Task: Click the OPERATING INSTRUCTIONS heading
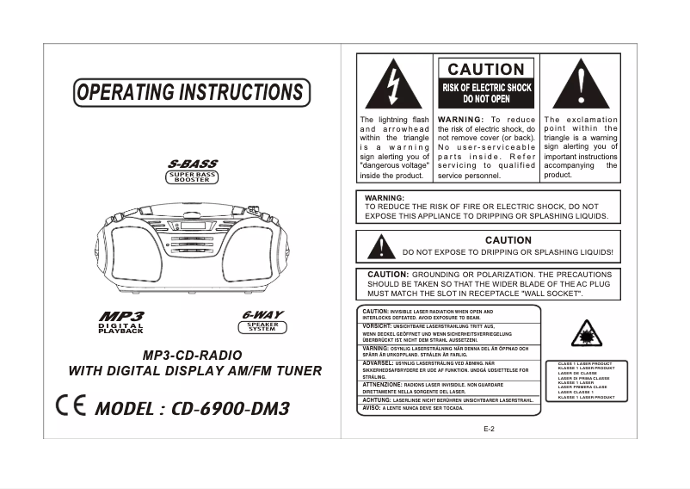pyautogui.click(x=190, y=92)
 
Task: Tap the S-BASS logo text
pyautogui.click(x=192, y=164)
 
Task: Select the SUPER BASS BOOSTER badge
pyautogui.click(x=192, y=177)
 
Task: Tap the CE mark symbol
pyautogui.click(x=70, y=405)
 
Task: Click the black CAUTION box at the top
pyautogui.click(x=486, y=69)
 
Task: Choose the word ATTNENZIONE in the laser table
pyautogui.click(x=382, y=384)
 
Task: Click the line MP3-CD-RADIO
pyautogui.click(x=193, y=355)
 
